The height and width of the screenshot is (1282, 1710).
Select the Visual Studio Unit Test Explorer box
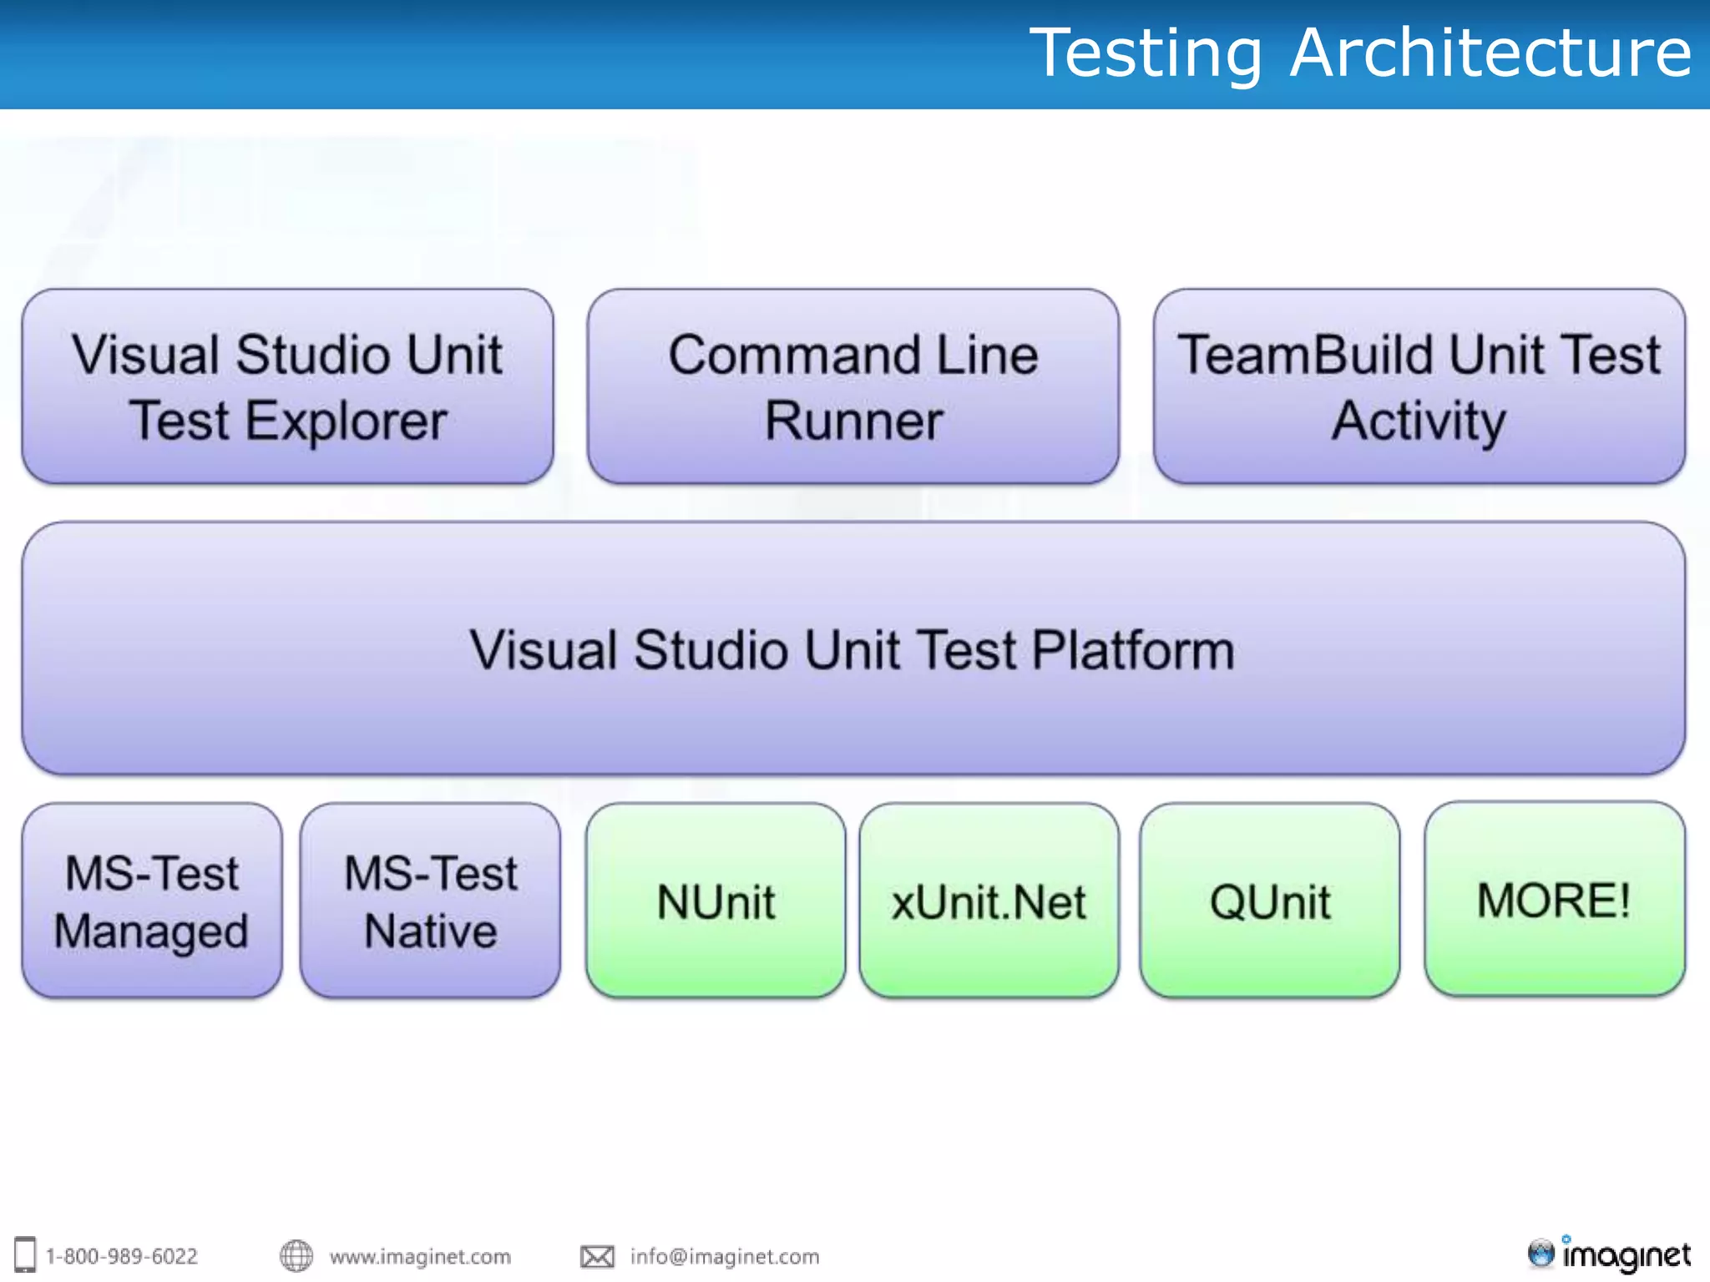(287, 386)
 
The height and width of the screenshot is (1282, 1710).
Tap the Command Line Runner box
(852, 386)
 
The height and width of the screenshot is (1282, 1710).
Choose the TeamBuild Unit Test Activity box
(1419, 386)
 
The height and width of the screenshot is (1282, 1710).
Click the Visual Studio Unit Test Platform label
(852, 649)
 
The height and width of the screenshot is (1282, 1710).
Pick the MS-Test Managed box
(152, 901)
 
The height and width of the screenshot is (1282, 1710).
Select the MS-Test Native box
(430, 901)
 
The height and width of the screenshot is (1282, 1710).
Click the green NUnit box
(716, 901)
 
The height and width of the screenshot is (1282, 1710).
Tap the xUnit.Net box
(989, 901)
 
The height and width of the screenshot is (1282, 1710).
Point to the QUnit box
(1269, 901)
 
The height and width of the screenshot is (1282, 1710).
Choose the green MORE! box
(1554, 899)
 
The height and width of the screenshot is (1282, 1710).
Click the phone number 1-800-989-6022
(122, 1256)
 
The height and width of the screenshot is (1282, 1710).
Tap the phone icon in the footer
(25, 1254)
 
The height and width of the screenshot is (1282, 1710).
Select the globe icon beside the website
(296, 1255)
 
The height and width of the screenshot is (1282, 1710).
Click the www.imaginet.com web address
(420, 1256)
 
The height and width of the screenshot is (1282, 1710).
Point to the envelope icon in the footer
(597, 1256)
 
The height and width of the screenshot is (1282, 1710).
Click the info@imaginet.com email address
(725, 1256)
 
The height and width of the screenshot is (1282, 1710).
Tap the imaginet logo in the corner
(1609, 1254)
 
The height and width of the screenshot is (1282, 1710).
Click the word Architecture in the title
(1490, 53)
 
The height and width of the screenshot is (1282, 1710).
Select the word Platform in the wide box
(1133, 649)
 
